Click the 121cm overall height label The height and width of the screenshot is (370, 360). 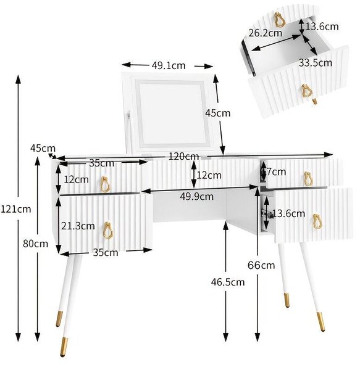click(15, 209)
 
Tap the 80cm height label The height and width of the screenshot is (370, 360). click(35, 244)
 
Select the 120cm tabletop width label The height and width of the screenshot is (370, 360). click(184, 156)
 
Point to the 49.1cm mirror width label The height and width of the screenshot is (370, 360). click(168, 65)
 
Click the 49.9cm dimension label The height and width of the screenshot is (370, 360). click(196, 196)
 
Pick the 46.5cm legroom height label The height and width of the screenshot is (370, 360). click(228, 282)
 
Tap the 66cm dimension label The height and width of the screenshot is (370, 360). click(261, 265)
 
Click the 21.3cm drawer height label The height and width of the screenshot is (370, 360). click(78, 226)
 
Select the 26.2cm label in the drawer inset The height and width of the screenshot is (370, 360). click(265, 33)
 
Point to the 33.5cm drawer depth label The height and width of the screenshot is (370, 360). click(316, 63)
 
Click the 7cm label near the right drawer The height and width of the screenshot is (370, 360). click(276, 172)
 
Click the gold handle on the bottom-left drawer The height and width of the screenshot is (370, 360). click(108, 231)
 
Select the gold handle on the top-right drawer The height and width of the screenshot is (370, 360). click(308, 179)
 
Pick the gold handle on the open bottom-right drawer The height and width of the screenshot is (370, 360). click(317, 221)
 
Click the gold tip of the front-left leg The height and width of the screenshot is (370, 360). click(64, 347)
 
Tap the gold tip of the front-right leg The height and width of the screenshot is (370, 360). click(320, 321)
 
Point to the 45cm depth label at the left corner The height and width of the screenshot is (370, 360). click(43, 149)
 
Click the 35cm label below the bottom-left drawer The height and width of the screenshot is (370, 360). click(106, 253)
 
